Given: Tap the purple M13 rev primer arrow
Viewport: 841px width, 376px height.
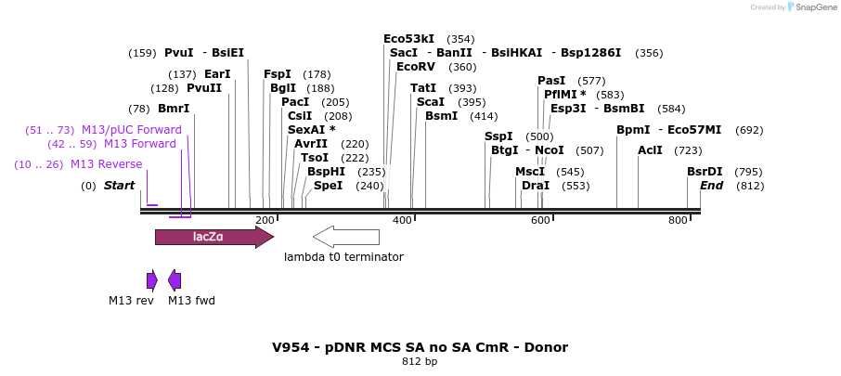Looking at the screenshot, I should (x=152, y=280).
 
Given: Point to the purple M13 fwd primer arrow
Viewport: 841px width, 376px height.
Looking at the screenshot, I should (x=175, y=280).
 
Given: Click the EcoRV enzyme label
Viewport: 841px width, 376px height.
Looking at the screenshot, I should (x=415, y=67).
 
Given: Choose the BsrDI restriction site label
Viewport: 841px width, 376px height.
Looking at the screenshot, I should (x=705, y=172).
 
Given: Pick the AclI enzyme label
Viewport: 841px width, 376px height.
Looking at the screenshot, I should (x=651, y=150).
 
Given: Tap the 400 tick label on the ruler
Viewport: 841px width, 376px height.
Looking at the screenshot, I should (x=402, y=220).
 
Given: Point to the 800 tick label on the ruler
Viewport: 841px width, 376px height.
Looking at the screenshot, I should (x=678, y=220).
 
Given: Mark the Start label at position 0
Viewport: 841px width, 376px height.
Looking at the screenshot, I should (x=119, y=186).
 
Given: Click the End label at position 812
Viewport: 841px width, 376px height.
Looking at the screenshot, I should (x=711, y=186).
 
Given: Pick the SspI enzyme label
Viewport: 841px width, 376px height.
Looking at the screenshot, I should (x=498, y=136).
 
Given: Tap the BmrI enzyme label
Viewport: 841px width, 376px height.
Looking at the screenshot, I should (x=174, y=109).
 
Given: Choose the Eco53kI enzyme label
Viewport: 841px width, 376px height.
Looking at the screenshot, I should (x=408, y=39).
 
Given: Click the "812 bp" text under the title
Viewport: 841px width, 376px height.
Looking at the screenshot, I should (x=420, y=361).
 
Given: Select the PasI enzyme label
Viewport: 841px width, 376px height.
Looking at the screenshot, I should (x=551, y=81).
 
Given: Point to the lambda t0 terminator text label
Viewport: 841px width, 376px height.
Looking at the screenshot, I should (x=343, y=257).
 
